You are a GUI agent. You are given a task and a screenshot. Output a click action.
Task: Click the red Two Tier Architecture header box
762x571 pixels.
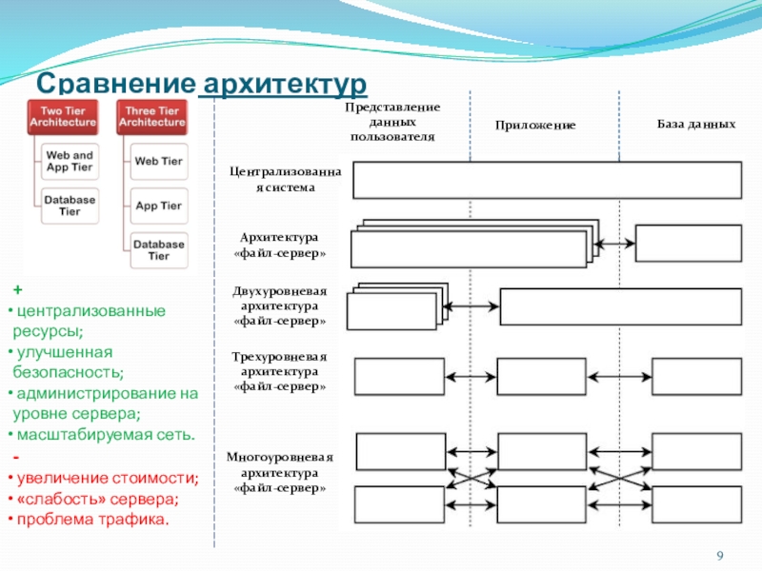coord(63,117)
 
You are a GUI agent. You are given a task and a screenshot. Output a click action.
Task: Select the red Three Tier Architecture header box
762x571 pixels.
coord(152,117)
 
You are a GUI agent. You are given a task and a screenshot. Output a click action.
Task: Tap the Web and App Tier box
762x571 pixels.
coord(70,161)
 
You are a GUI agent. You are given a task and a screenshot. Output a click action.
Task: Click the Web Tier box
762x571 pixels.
coord(159,161)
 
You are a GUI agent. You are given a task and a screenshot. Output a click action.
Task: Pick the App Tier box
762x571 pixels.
coord(159,206)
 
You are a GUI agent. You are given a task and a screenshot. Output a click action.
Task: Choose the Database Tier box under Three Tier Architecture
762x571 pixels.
coord(159,250)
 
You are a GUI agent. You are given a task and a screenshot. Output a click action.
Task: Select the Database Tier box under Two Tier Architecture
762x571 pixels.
coord(70,206)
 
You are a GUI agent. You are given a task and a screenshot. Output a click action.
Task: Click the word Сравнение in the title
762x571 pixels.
coord(115,83)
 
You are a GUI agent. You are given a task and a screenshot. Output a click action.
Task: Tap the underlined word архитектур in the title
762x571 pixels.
coord(285,84)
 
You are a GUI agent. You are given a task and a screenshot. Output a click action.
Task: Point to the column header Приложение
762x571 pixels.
coord(535,126)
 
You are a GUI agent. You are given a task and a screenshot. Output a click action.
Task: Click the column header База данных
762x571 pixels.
coord(696,124)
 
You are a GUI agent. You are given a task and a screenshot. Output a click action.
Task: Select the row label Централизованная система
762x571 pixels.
coord(285,179)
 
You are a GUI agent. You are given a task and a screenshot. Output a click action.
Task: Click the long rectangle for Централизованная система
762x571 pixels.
coord(547,180)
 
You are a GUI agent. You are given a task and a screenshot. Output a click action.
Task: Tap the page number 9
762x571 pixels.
coord(720,556)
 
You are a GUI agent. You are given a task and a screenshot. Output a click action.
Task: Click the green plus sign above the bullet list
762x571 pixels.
coord(18,290)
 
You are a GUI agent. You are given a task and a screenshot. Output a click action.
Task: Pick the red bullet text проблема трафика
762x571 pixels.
coord(92,520)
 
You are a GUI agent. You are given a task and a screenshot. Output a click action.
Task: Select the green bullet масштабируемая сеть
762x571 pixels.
coord(106,435)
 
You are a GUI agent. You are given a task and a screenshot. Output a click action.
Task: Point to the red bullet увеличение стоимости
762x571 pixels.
coord(108,479)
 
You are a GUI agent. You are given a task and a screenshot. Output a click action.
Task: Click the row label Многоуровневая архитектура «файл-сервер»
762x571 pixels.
coord(280,472)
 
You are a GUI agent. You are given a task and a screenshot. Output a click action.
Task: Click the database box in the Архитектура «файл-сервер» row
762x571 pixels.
coord(689,244)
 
